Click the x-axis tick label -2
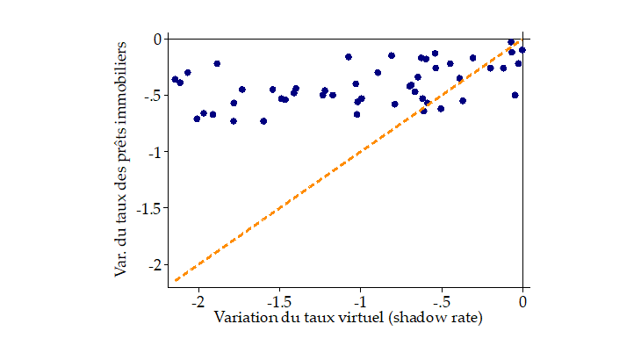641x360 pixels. pyautogui.click(x=198, y=300)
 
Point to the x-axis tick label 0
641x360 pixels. pyautogui.click(x=523, y=300)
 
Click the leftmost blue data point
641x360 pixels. pyautogui.click(x=175, y=79)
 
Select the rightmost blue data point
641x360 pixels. pyautogui.click(x=522, y=50)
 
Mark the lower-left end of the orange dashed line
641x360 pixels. pyautogui.click(x=176, y=280)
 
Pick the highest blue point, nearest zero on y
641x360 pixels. pyautogui.click(x=511, y=41)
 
